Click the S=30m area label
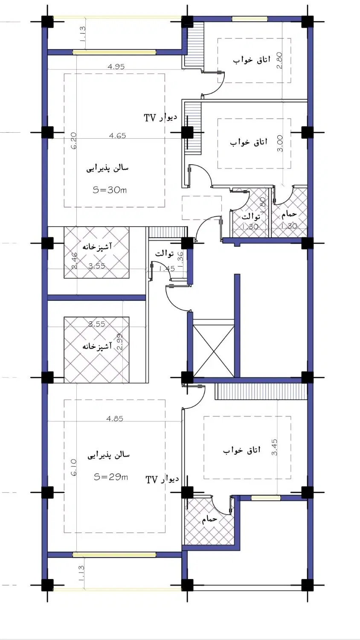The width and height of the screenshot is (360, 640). (110, 190)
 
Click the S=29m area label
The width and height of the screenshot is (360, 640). (111, 477)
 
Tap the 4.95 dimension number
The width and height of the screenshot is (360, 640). (116, 67)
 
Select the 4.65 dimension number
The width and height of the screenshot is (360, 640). (117, 135)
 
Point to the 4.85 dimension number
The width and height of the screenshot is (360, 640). (115, 419)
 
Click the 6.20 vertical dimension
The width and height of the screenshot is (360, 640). (73, 141)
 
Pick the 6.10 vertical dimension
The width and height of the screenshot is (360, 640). (73, 468)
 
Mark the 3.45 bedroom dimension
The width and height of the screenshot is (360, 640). (274, 447)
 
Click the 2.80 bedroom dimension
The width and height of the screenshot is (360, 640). (279, 60)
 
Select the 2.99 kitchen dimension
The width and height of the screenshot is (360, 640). (120, 342)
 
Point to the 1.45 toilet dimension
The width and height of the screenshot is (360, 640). (167, 268)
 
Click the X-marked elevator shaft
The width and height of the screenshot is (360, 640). (214, 347)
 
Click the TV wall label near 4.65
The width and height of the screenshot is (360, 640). (160, 117)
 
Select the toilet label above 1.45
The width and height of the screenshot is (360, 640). (164, 253)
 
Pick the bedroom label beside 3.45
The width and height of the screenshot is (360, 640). (242, 450)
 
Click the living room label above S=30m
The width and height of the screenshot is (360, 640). (107, 168)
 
